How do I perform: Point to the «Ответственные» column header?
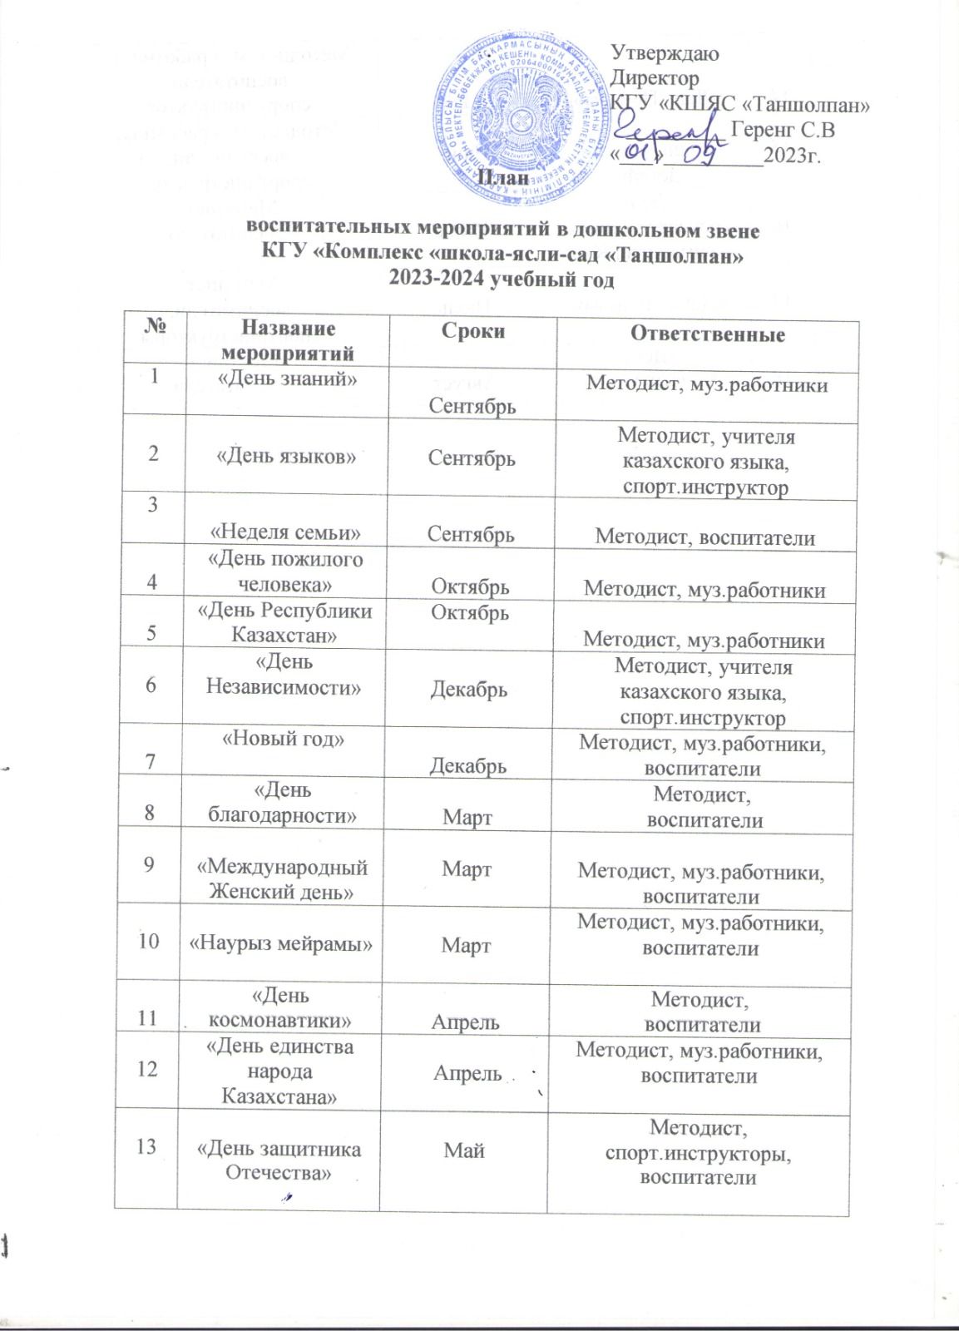point(709,334)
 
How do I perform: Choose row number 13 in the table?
point(146,1147)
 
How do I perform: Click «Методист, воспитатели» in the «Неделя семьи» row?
point(704,537)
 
